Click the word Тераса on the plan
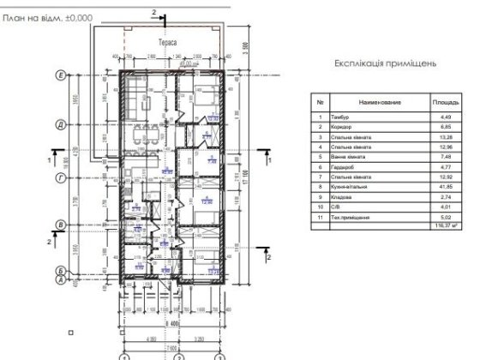(167, 41)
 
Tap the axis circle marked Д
(61, 123)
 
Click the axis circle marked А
(61, 279)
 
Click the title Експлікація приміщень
(383, 63)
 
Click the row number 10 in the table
(320, 207)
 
